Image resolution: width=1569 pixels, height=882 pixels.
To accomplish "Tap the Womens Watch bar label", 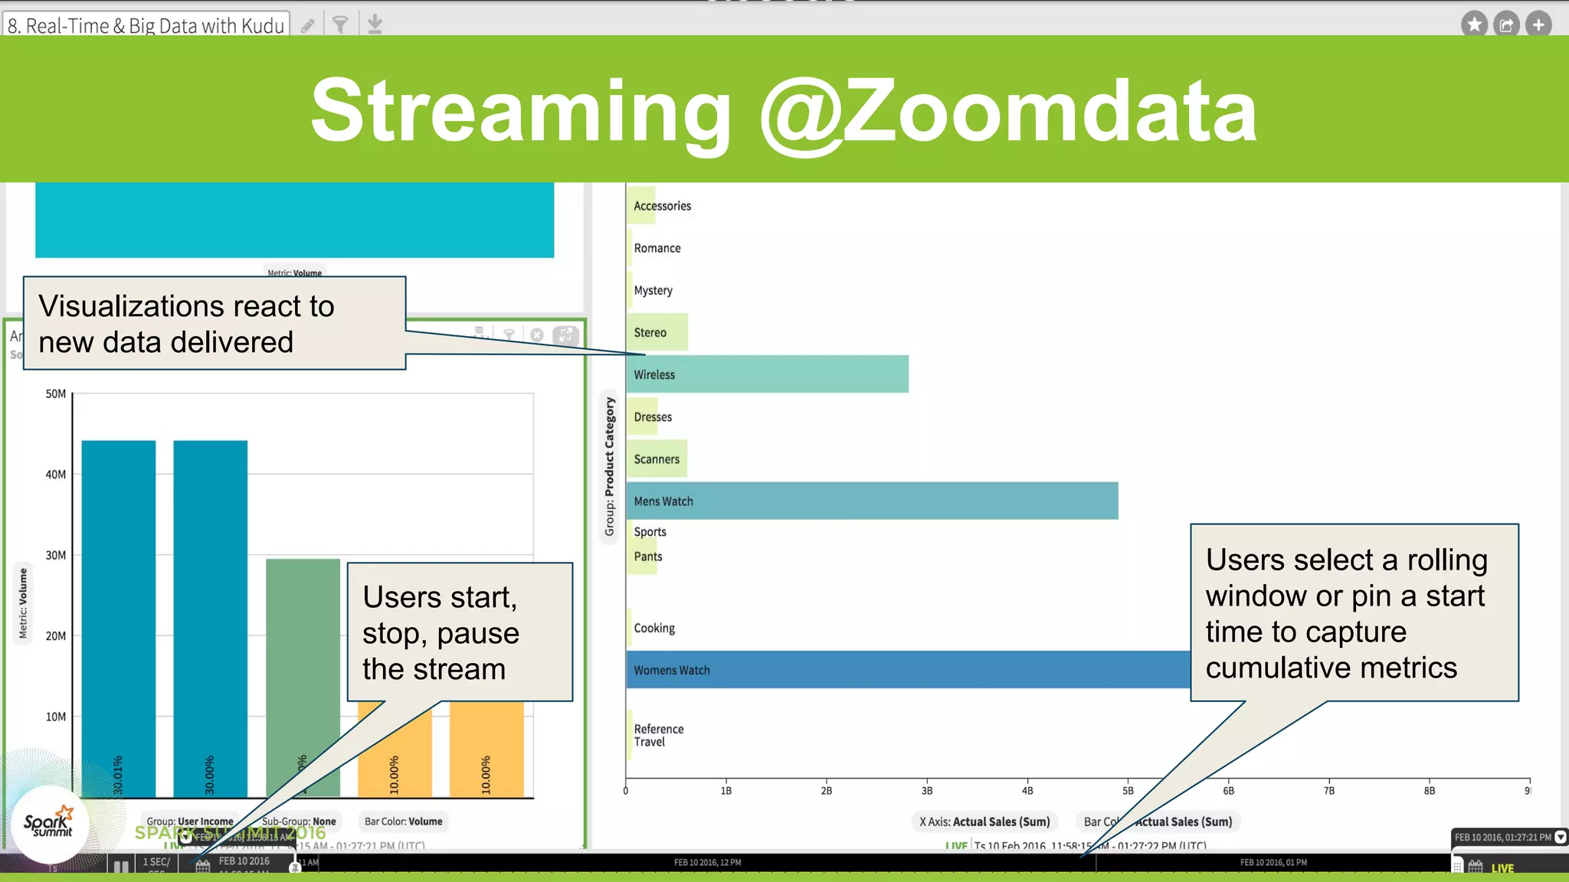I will pos(672,671).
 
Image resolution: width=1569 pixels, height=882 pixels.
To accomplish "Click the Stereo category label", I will pos(650,333).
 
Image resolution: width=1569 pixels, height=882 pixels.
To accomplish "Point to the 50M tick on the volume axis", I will pos(56,394).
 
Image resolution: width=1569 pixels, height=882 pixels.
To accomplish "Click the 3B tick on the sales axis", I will pos(927,791).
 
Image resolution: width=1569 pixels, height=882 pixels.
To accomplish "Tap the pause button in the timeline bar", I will pos(121,867).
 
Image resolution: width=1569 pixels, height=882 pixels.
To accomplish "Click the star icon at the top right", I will pos(1473,24).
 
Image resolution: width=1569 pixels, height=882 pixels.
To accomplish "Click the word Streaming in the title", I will pos(521,111).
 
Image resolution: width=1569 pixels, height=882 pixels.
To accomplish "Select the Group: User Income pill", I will pos(190,822).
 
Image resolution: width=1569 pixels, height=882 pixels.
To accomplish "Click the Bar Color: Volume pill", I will pos(404,822).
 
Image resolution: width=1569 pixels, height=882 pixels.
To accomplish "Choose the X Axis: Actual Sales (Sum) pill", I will pos(984,822).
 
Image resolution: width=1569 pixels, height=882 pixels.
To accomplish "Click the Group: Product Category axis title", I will pos(610,467).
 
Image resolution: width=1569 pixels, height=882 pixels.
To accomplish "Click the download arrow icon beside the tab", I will pos(375,24).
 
